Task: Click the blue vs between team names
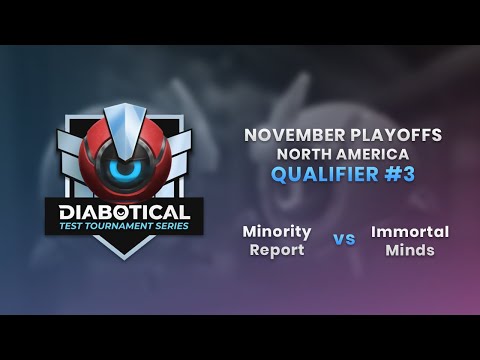[x=343, y=240]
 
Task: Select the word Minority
[x=277, y=231]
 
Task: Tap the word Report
[x=277, y=250]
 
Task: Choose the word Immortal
[x=410, y=231]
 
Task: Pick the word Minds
[x=410, y=250]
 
